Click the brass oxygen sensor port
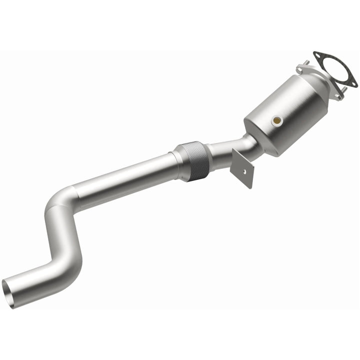click(x=277, y=120)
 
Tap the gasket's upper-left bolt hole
click(x=316, y=55)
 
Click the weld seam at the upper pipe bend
click(x=75, y=192)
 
